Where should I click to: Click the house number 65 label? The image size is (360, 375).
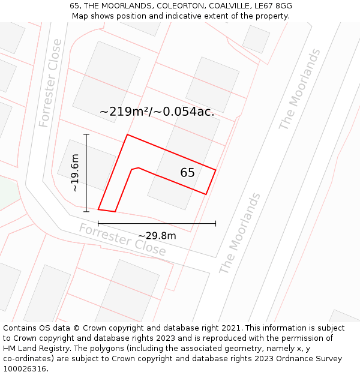pos(187,173)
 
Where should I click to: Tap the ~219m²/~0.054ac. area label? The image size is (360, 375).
pos(157,112)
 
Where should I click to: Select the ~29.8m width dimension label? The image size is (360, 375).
pos(157,236)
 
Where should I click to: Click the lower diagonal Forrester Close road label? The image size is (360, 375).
pos(122,240)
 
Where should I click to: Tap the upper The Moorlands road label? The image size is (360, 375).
pos(299,89)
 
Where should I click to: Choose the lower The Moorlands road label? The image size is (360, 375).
pos(240,233)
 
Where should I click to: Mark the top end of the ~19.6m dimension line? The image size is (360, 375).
pos(86,134)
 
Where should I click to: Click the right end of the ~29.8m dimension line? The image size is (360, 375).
pos(215,224)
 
